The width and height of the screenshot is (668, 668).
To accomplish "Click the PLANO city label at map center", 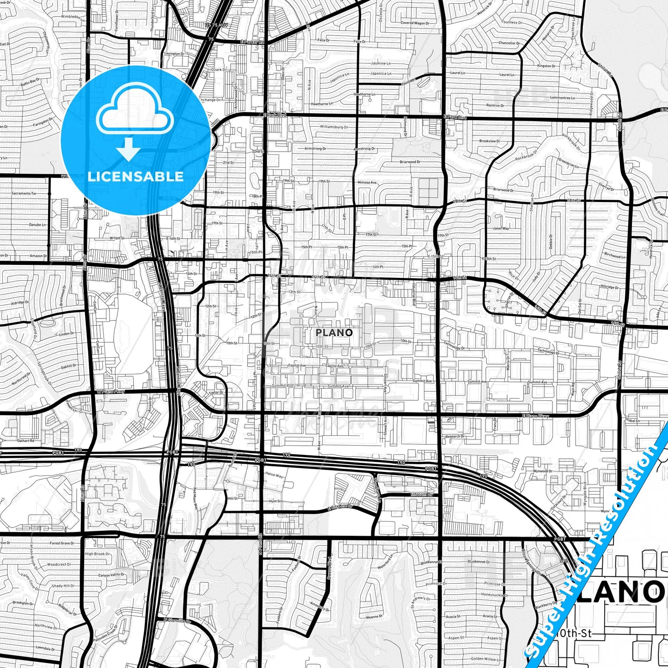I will [x=334, y=332].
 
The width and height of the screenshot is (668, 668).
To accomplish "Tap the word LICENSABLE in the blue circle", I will [x=135, y=177].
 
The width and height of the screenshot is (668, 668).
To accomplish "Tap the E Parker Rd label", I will [x=252, y=42].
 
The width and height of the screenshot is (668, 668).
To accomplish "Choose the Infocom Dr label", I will [x=422, y=494].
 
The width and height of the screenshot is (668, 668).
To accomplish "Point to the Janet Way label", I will [x=501, y=228].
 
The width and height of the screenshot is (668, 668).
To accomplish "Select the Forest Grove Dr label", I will [x=62, y=543].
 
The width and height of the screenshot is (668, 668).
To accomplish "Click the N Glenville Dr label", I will [x=177, y=620].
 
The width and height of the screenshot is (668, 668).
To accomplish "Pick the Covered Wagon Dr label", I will [x=413, y=23].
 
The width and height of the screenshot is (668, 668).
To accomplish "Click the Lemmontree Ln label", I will [x=563, y=98].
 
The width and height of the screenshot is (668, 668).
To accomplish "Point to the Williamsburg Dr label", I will [x=332, y=126].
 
